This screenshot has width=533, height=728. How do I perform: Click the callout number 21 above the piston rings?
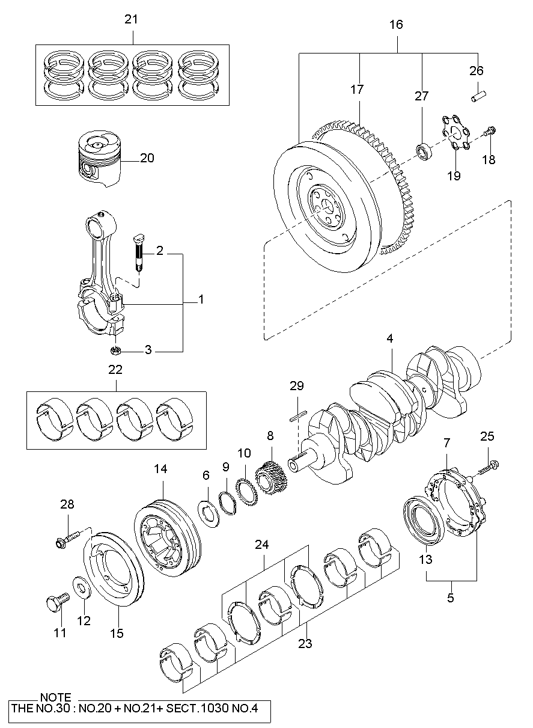coord(131,19)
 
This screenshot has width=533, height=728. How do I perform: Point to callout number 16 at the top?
coord(396,25)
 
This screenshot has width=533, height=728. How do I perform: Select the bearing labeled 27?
coord(424,151)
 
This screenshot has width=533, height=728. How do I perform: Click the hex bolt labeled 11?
coord(56,601)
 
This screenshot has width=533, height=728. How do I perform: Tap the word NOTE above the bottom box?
coord(55,697)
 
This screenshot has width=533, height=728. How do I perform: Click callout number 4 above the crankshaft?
coord(389,338)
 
